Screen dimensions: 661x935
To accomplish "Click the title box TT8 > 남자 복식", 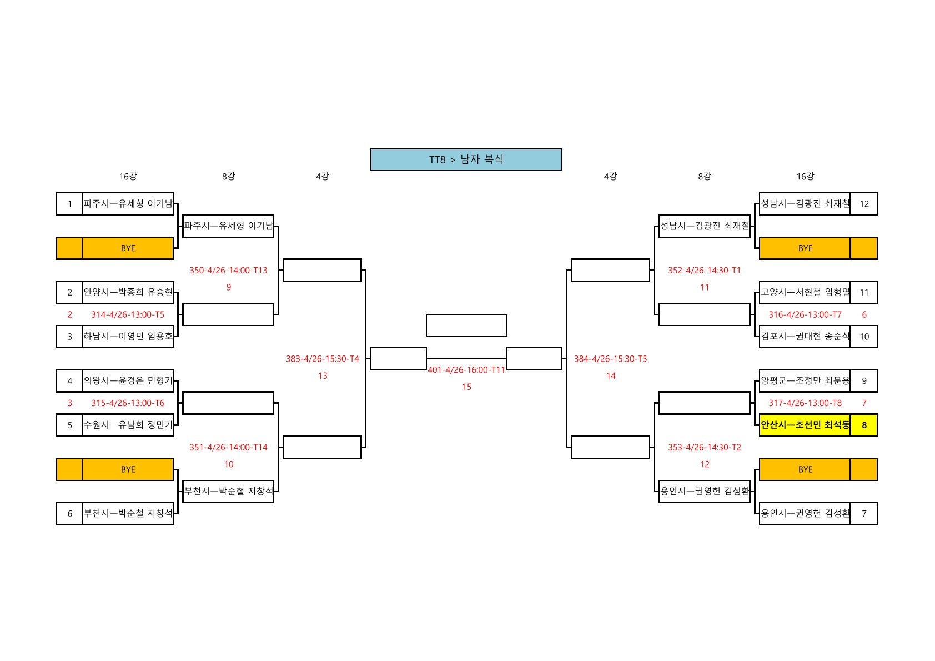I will point(466,159).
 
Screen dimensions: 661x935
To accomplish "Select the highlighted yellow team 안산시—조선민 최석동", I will point(805,425).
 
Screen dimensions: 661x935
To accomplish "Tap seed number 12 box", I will point(863,204).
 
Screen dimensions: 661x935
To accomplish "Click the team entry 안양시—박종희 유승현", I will point(128,292).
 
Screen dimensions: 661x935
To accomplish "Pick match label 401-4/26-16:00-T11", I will point(466,370).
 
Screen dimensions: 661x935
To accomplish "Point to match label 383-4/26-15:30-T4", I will point(323,359).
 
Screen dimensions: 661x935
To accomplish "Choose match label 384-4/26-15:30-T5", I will point(610,359).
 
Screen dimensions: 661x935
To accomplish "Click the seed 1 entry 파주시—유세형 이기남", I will point(128,204).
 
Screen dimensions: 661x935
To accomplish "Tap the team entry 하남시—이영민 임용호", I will point(128,337).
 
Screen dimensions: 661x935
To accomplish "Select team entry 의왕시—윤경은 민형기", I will point(128,381).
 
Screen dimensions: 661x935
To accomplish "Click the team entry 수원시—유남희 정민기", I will point(128,425).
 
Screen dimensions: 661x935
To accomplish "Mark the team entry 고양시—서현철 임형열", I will point(805,292).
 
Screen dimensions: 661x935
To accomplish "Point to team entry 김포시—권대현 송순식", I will point(805,337).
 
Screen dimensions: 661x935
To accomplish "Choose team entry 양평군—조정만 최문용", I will point(805,381).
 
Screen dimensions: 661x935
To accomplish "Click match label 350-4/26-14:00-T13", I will point(228,271).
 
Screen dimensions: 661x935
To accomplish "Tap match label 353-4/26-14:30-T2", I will point(704,448).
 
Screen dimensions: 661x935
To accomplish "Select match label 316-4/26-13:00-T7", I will point(805,314).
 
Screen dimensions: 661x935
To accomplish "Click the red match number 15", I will point(466,387).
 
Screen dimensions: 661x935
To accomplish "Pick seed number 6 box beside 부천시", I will point(69,514).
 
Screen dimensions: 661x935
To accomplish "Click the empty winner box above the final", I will point(466,326).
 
